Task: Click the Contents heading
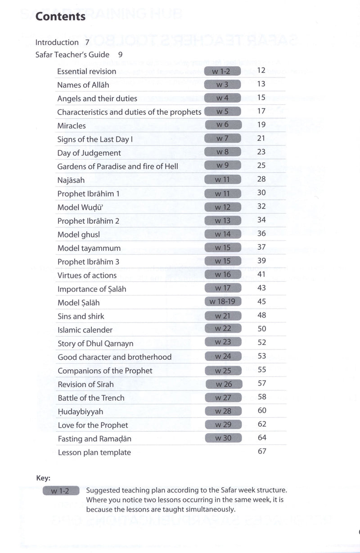coord(60,17)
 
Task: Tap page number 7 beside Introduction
coord(87,42)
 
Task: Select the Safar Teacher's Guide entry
coord(72,54)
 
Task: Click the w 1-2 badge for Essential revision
coord(222,71)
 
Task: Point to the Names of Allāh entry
coord(83,85)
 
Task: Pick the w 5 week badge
coord(222,111)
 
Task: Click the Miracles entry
coord(72,126)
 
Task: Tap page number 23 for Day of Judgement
coord(261,152)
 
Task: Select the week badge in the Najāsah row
coord(223,179)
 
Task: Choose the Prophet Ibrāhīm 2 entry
coord(88,221)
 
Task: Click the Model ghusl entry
coord(79,235)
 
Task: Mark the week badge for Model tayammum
coord(223,247)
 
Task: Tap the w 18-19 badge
coord(223,301)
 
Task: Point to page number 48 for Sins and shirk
coord(261,315)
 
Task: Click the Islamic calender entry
coord(85,330)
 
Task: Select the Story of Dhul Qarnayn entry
coord(95,344)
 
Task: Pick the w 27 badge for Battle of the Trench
coord(223,398)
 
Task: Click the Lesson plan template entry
coord(94,452)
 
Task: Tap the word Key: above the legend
coord(43,478)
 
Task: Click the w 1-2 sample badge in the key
coord(61,491)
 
